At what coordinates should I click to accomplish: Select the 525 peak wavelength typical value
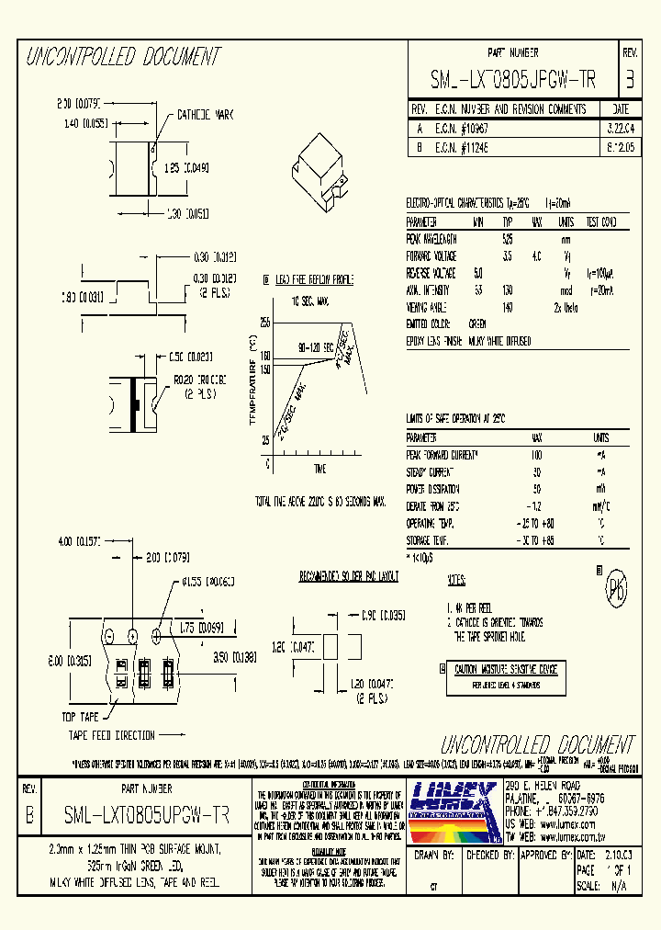(x=508, y=238)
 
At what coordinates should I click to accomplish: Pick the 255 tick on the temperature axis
(x=264, y=323)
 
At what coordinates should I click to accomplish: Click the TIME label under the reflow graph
(x=319, y=469)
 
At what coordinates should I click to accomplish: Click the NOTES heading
(x=455, y=582)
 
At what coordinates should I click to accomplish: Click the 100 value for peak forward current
(x=536, y=455)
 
